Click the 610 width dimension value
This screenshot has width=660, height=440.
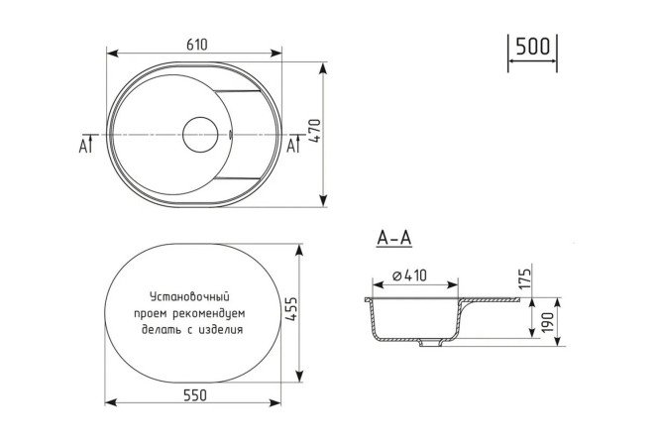pyautogui.click(x=197, y=45)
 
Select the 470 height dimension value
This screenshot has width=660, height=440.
pyautogui.click(x=315, y=131)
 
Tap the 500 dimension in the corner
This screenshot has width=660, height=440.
pyautogui.click(x=532, y=46)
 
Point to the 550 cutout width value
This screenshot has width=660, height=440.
pyautogui.click(x=195, y=395)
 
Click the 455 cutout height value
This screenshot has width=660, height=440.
pyautogui.click(x=291, y=309)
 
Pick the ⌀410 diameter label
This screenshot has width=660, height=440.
pyautogui.click(x=409, y=275)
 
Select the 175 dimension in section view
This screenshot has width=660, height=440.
pyautogui.click(x=525, y=278)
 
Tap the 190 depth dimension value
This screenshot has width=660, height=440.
pyautogui.click(x=547, y=322)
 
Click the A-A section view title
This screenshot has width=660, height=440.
pyautogui.click(x=394, y=238)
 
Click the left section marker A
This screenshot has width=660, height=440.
pyautogui.click(x=83, y=146)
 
